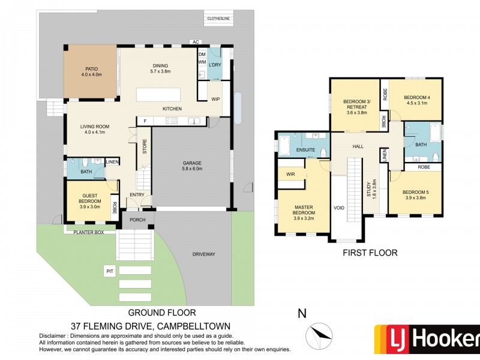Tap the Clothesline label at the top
(218, 19)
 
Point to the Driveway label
(203, 254)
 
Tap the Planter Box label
(88, 232)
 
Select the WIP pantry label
(215, 100)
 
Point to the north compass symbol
(317, 333)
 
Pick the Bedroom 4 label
(415, 100)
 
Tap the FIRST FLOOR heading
(370, 253)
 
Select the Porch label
(138, 220)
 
